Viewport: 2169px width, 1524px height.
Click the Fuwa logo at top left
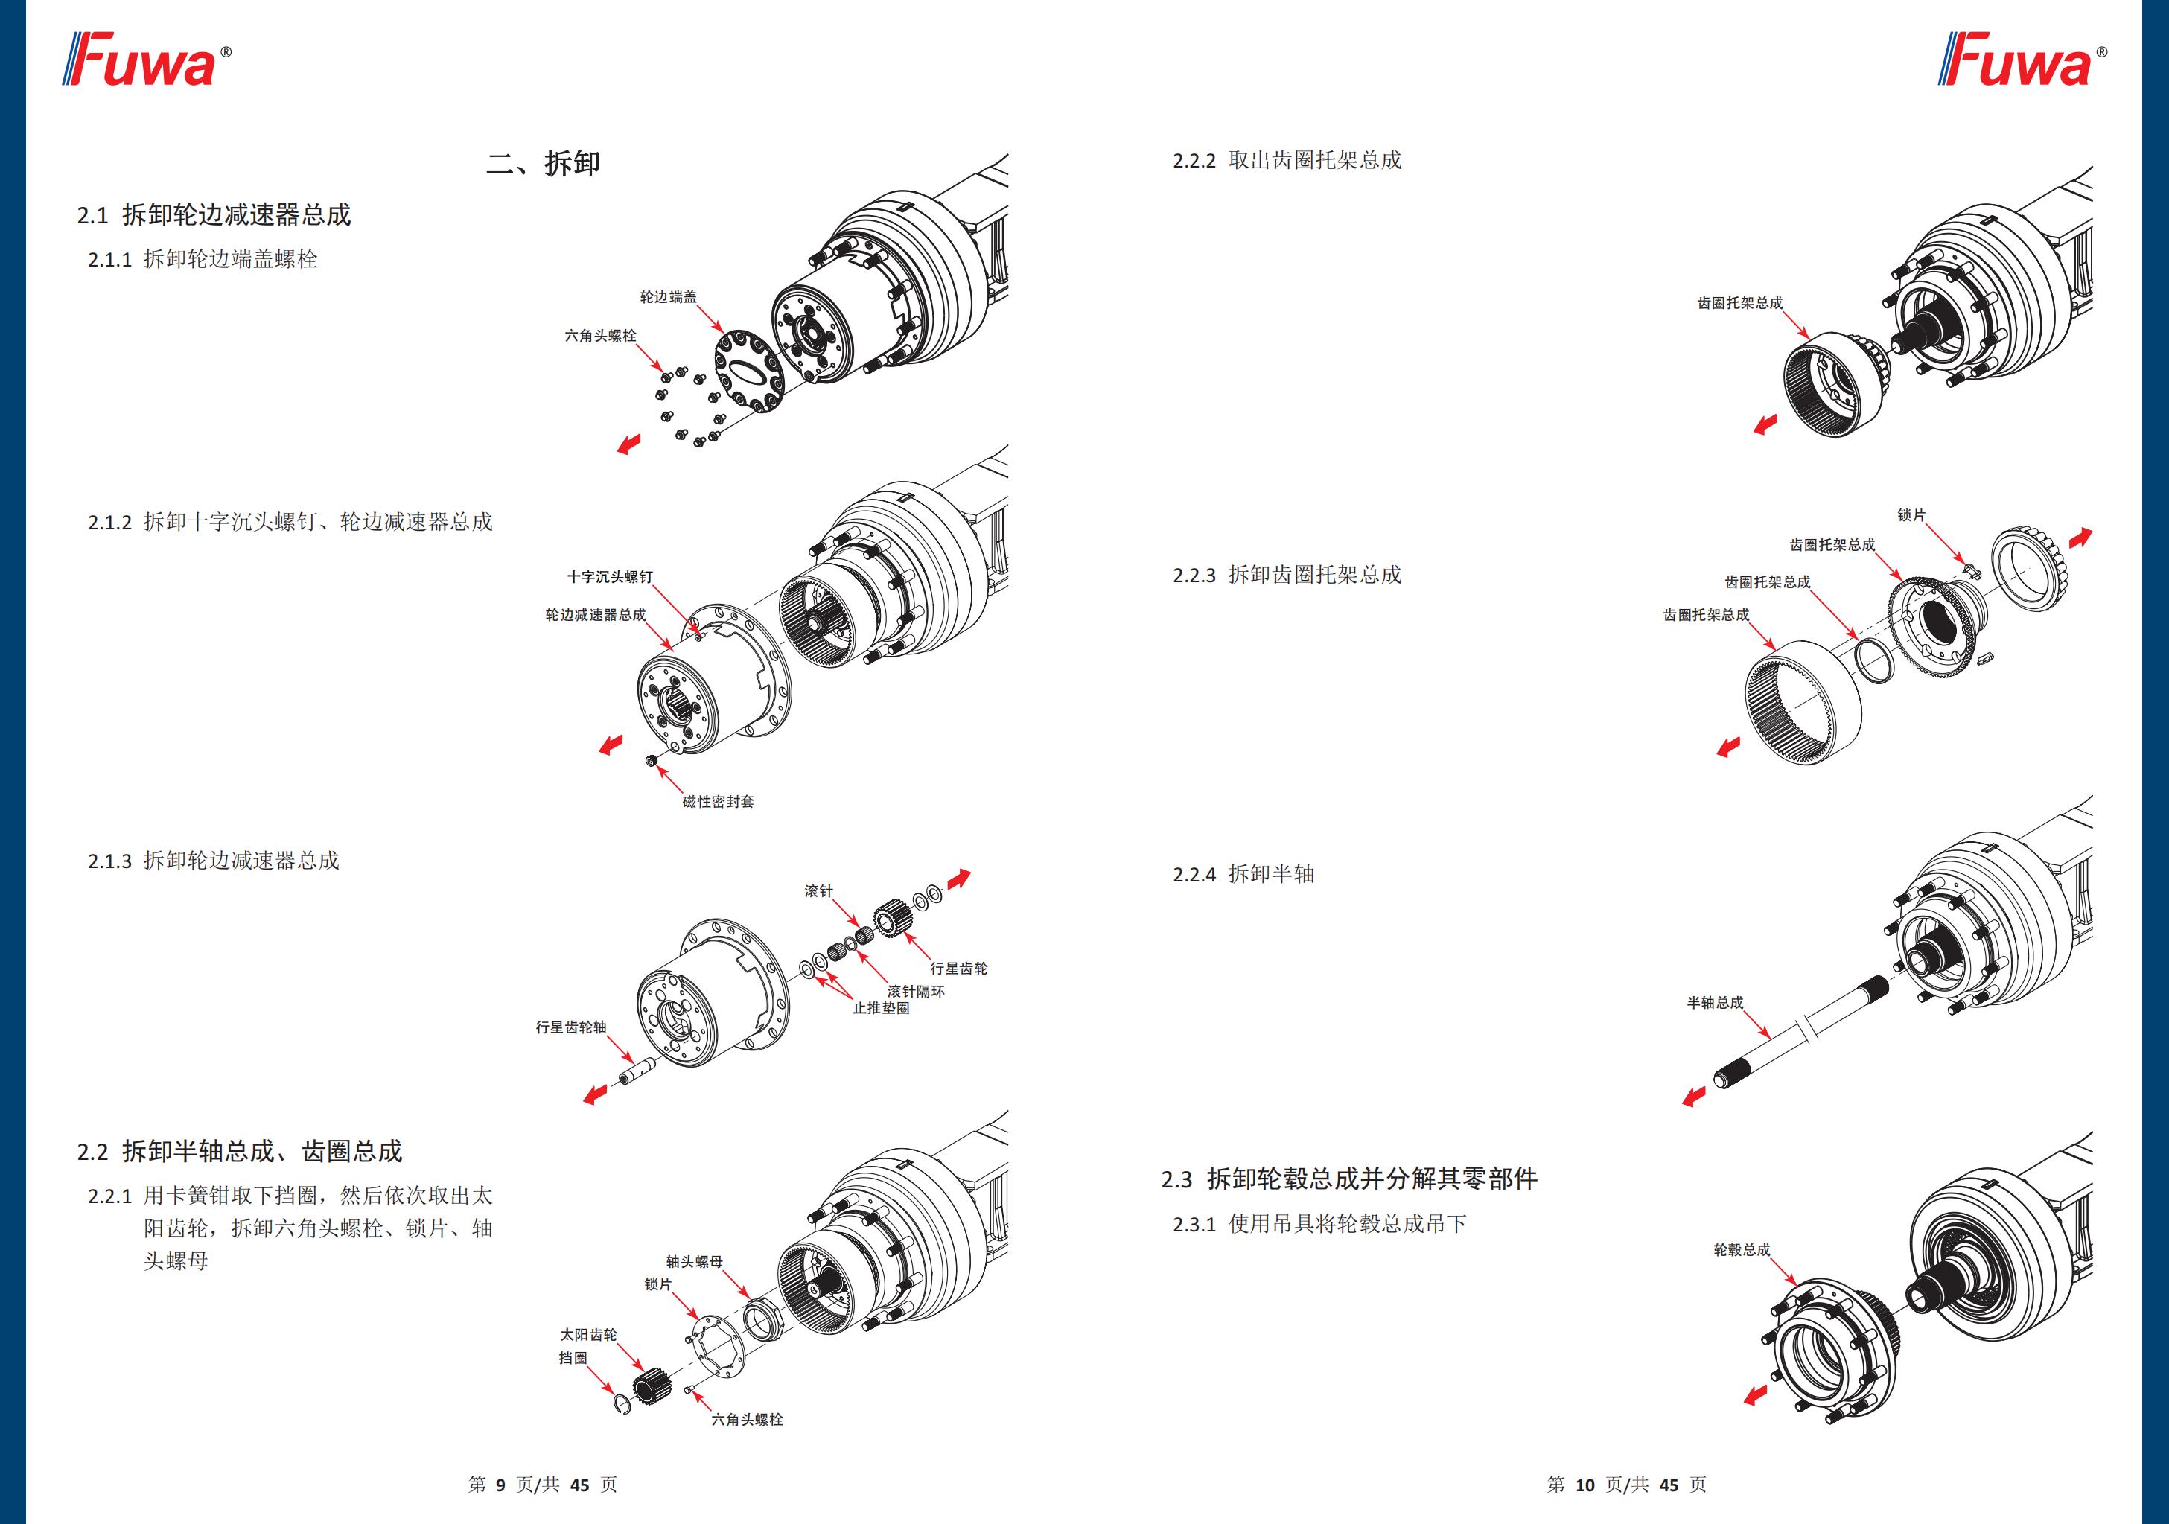coord(147,60)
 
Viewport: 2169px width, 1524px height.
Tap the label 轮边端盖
coord(668,296)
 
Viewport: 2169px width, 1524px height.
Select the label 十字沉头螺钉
coord(609,576)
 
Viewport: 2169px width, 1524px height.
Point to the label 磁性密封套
coord(718,801)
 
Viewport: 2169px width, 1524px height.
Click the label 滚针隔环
coord(915,991)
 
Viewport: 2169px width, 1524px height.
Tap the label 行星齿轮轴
coord(570,1027)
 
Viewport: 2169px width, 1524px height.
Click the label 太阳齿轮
coord(587,1334)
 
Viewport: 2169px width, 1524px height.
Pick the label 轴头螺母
coord(695,1261)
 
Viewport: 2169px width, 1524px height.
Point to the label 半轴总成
coord(1715,1002)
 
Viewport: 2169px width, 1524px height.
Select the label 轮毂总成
coord(1741,1249)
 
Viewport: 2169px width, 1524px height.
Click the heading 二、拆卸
coord(544,164)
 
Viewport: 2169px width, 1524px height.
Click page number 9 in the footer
coord(500,1485)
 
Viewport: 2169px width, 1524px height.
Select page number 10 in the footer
coord(1584,1485)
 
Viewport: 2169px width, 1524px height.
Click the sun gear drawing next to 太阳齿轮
coord(651,1386)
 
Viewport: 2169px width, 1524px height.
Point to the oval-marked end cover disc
coord(749,369)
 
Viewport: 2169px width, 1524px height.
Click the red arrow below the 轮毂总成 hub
coord(1754,1394)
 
